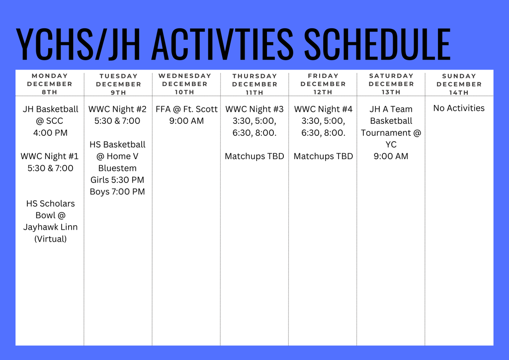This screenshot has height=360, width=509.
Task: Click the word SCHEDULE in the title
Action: [x=377, y=45]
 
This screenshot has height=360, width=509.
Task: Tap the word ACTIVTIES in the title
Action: [x=221, y=45]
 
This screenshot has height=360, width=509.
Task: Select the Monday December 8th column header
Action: [x=50, y=84]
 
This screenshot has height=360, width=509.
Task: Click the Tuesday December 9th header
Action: [x=118, y=84]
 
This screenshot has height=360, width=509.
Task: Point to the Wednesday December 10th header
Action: [x=185, y=84]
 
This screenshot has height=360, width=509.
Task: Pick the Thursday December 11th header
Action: [x=254, y=84]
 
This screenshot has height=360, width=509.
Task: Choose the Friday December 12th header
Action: [x=323, y=84]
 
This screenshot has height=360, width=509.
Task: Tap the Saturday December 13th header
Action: [x=391, y=84]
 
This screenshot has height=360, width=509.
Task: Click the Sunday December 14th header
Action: [x=459, y=84]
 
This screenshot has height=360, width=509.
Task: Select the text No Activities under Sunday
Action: [x=459, y=108]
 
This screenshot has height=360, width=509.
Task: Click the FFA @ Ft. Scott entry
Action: [x=186, y=109]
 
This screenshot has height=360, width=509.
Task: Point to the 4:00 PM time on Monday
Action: [x=50, y=133]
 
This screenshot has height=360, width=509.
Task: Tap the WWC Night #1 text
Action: [x=50, y=156]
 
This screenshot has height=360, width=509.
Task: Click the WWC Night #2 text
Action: [x=117, y=109]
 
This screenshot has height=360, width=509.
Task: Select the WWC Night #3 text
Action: [x=254, y=109]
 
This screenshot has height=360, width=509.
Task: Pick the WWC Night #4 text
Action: [x=323, y=109]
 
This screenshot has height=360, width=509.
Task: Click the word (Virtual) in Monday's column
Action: [x=50, y=239]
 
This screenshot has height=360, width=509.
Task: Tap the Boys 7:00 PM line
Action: [x=117, y=191]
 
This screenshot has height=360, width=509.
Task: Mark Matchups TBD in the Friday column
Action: [x=323, y=156]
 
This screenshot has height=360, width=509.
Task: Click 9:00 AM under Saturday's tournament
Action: [x=391, y=156]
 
